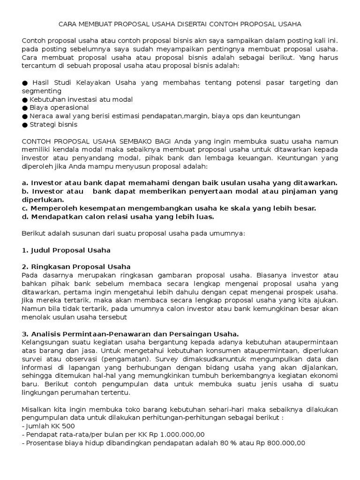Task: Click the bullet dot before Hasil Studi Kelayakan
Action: pos(25,83)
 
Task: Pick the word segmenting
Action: pos(42,91)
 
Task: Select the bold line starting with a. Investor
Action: pos(180,183)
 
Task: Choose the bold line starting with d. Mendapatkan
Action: pos(118,217)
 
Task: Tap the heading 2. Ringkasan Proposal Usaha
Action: pos(76,267)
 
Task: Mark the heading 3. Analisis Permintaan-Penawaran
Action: pos(130,334)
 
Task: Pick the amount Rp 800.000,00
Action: pos(282,442)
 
